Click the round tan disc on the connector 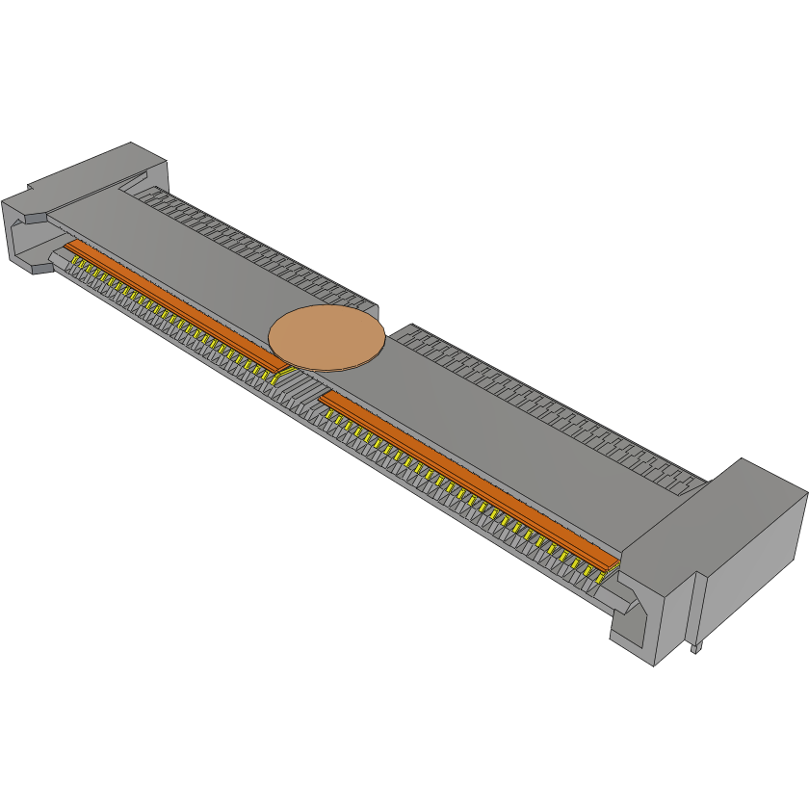point(326,338)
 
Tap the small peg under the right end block point(693,648)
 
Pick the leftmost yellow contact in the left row point(69,259)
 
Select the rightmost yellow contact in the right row point(605,575)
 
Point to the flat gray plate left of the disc point(193,260)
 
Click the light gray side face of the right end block point(756,568)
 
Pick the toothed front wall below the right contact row point(433,491)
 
